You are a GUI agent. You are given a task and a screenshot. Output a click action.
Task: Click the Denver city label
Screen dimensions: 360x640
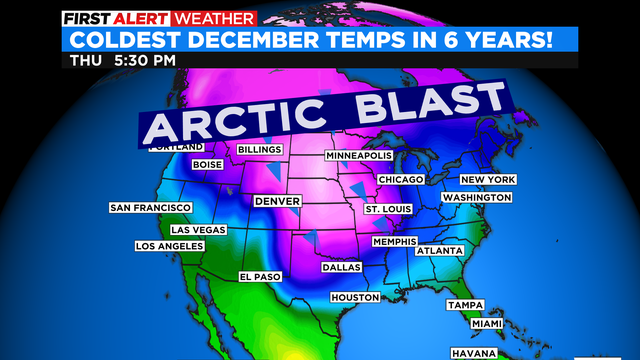point(278,201)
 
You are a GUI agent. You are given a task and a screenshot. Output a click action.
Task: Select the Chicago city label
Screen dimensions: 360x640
point(400,179)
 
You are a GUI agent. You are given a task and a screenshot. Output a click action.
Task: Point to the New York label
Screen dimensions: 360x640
point(487,179)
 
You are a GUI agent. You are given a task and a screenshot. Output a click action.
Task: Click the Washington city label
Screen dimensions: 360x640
point(477,198)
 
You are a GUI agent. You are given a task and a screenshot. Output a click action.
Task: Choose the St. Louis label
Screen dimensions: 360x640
point(385,209)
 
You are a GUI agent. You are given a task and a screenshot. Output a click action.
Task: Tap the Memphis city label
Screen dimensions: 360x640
point(393,242)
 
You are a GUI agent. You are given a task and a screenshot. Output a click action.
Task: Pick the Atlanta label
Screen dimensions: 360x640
point(440,250)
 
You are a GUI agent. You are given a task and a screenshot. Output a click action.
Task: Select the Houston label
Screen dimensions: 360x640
point(355,298)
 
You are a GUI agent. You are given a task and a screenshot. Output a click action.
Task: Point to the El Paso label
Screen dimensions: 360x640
point(259,276)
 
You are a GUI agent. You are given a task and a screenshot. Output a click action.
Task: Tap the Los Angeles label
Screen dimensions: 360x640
point(169,246)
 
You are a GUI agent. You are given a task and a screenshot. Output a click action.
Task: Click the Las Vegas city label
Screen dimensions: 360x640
point(191,229)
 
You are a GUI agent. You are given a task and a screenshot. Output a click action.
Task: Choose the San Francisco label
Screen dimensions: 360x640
point(150,208)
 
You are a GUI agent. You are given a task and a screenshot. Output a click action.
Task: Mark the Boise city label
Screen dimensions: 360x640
point(206,165)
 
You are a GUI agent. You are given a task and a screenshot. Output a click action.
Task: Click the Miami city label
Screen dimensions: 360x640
point(488,323)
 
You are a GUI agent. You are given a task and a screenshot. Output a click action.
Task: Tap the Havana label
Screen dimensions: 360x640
point(472,353)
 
